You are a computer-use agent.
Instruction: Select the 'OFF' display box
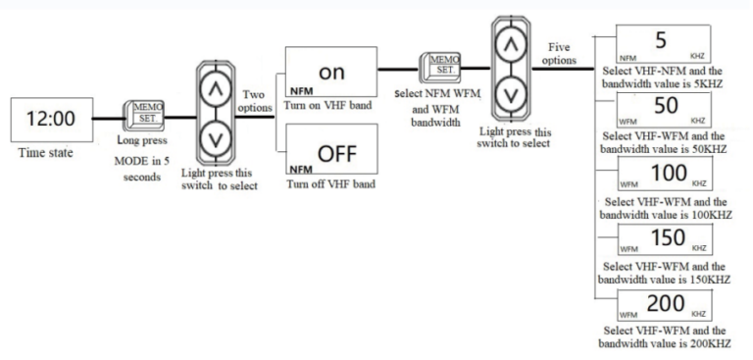coord(329,152)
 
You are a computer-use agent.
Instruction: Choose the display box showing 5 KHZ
coord(663,45)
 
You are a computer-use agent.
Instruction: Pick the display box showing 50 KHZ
coord(663,108)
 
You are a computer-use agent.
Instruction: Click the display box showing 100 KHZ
coord(663,175)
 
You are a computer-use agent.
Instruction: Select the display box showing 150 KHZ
coord(663,241)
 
